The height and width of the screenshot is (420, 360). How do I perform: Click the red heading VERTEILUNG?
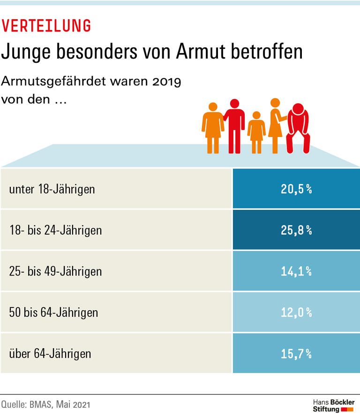point(46,26)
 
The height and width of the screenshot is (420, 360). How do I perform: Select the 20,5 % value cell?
point(296,190)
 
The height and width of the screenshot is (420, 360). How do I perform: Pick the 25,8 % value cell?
point(296,230)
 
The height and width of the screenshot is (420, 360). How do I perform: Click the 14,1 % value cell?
point(296,271)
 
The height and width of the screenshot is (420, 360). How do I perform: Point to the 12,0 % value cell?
point(296,312)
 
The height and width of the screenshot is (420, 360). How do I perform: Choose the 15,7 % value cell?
point(296,353)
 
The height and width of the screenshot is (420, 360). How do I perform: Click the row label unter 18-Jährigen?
point(52,190)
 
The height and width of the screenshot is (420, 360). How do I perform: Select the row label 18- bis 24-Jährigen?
point(55,230)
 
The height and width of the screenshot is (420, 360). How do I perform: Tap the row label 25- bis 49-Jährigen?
point(55,271)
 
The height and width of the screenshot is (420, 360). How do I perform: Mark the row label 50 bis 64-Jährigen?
point(53,312)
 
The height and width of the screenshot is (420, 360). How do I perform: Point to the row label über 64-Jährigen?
point(50,353)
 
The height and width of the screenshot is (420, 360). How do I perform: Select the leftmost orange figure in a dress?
point(212,127)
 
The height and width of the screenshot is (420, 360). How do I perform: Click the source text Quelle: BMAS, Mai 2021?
point(45,404)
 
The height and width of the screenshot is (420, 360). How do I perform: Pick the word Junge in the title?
point(27,53)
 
